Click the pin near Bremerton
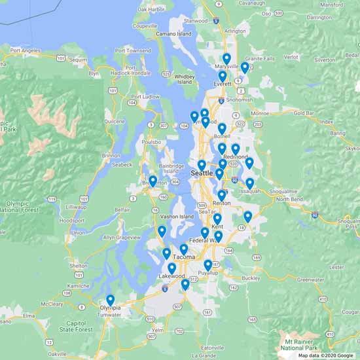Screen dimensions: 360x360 tap(153, 181)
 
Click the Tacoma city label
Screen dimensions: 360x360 tap(185, 257)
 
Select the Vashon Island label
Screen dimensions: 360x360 tap(177, 217)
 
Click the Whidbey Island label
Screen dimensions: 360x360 tap(185, 79)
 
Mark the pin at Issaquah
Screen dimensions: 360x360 tap(249, 183)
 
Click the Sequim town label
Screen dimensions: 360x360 tap(79, 59)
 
